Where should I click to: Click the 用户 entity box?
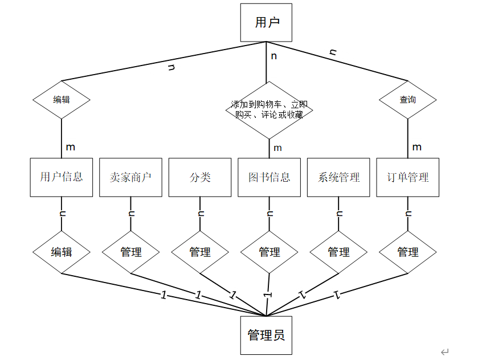click(266, 23)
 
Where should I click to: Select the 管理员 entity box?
click(266, 335)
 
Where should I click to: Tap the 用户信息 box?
click(62, 177)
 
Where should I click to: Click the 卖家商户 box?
click(130, 177)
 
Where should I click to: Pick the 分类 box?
click(200, 177)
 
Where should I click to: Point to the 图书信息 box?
click(269, 177)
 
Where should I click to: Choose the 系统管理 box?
click(339, 177)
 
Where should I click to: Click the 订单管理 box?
click(408, 177)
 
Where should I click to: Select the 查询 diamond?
click(408, 100)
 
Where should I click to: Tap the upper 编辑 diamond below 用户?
click(62, 100)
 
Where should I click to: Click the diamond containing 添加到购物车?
click(269, 109)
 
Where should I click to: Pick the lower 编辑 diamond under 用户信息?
click(62, 252)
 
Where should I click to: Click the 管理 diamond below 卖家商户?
click(131, 252)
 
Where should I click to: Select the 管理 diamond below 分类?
click(200, 252)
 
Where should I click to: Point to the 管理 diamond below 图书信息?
click(269, 252)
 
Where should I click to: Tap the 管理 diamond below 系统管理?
click(339, 252)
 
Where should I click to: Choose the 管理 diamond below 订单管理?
click(408, 252)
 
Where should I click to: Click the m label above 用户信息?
click(70, 147)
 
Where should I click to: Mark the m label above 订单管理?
click(416, 147)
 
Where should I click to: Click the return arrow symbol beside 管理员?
click(445, 351)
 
